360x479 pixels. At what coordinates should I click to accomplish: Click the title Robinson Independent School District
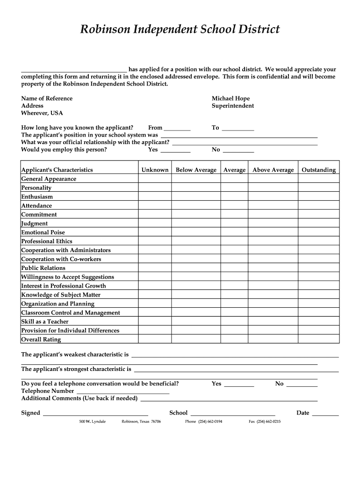pyautogui.click(x=180, y=29)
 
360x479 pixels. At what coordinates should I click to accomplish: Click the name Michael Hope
pyautogui.click(x=230, y=98)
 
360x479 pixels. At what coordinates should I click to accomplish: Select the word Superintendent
pyautogui.click(x=232, y=106)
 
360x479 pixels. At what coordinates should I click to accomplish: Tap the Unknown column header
pyautogui.click(x=155, y=170)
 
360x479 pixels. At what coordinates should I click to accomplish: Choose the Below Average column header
pyautogui.click(x=196, y=170)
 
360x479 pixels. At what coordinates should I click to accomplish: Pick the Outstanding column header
pyautogui.click(x=318, y=170)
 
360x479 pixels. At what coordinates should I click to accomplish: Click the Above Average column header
pyautogui.click(x=273, y=170)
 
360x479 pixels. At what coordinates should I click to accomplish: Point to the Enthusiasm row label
pyautogui.click(x=37, y=197)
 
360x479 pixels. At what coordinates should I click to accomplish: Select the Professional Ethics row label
pyautogui.click(x=47, y=241)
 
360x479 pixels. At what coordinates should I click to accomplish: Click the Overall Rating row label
pyautogui.click(x=41, y=340)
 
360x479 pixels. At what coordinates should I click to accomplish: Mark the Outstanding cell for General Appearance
pyautogui.click(x=318, y=179)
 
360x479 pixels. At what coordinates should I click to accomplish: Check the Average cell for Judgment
pyautogui.click(x=234, y=224)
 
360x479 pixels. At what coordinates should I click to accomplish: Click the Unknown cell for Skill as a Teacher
pyautogui.click(x=155, y=322)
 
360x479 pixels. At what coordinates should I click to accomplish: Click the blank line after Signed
pyautogui.click(x=95, y=413)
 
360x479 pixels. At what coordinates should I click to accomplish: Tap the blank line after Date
pyautogui.click(x=325, y=413)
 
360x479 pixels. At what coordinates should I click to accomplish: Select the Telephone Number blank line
pyautogui.click(x=122, y=391)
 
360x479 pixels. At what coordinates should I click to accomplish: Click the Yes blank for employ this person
pyautogui.click(x=175, y=150)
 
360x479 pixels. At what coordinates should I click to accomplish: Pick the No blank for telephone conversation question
pyautogui.click(x=302, y=384)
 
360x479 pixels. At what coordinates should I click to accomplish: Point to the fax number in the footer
pyautogui.click(x=265, y=421)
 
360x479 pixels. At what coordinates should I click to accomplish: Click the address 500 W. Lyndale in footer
pyautogui.click(x=93, y=421)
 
